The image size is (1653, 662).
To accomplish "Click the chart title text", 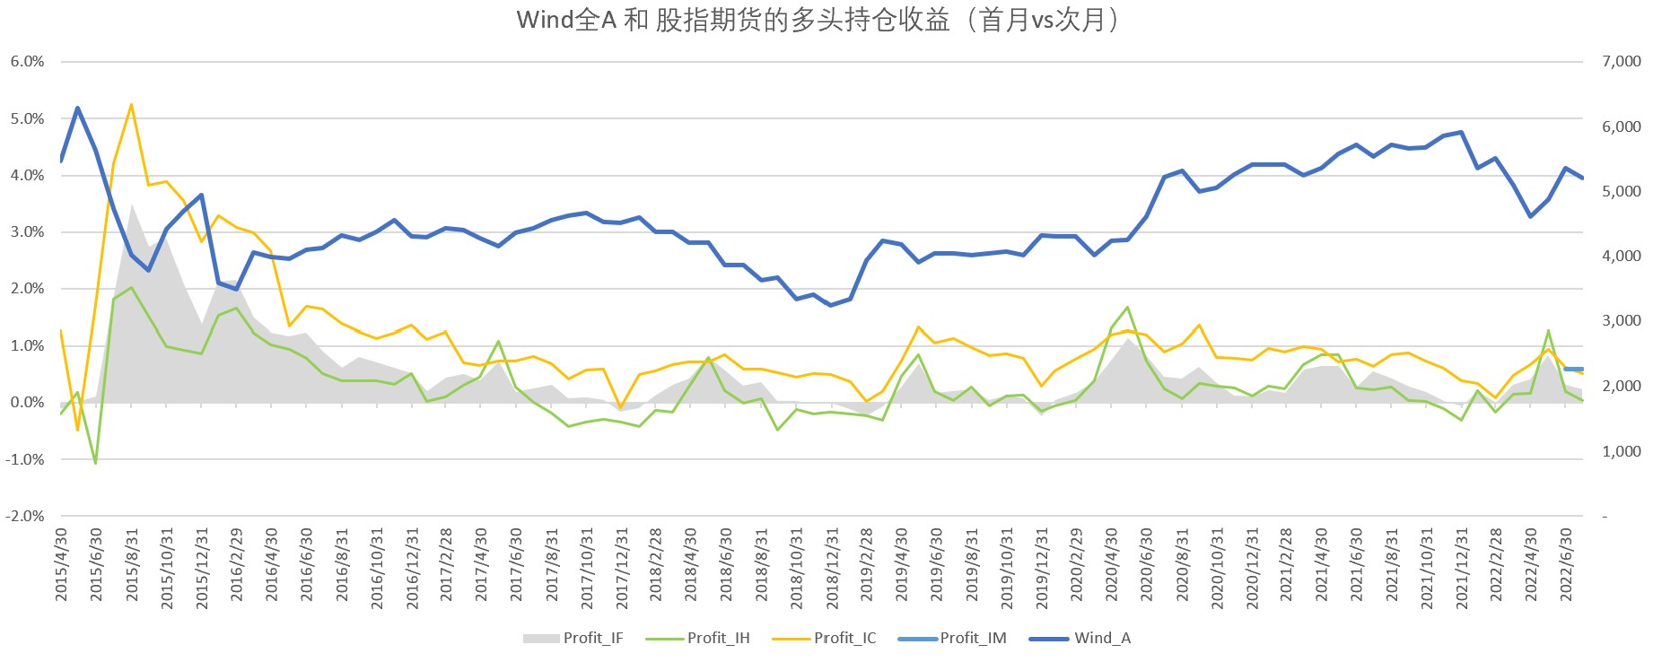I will point(818,20).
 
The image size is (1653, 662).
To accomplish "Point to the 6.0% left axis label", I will point(27,61).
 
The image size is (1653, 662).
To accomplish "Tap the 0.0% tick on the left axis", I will point(27,402).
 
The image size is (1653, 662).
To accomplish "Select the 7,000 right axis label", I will point(1621,61).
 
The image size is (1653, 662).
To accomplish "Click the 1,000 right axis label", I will point(1621,451).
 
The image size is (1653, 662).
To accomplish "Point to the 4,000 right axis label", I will point(1621,256).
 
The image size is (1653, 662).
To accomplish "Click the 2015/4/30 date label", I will point(62,565).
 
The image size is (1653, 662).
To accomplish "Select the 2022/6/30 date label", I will point(1567,565).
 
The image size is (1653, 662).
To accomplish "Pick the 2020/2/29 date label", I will point(1077,565).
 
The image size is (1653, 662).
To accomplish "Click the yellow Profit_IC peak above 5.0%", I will point(131,105).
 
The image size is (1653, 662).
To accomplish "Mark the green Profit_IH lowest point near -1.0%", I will point(95,463).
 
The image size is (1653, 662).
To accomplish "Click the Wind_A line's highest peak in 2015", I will point(78,109).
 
